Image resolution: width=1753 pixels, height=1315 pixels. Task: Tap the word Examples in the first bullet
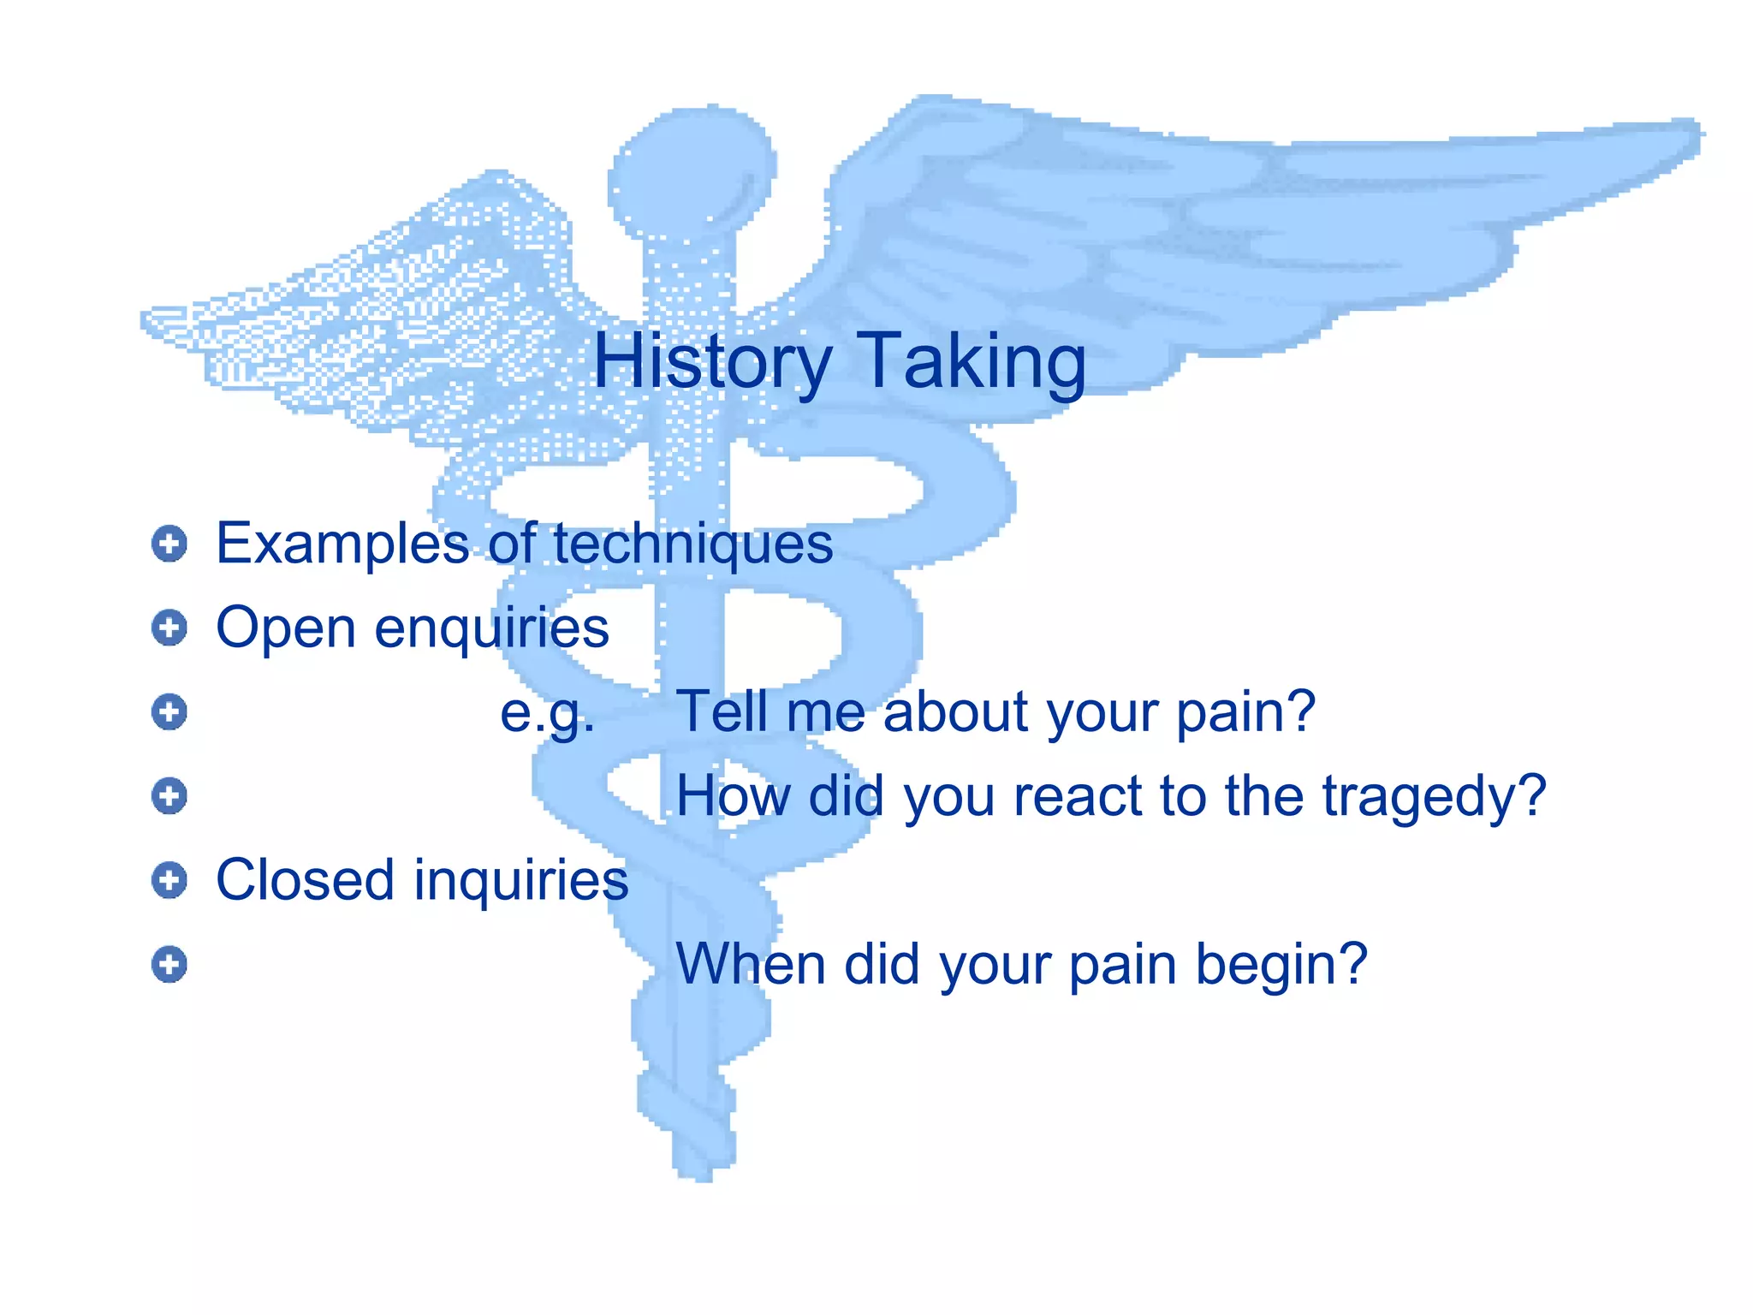342,544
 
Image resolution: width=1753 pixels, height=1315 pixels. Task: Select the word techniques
692,544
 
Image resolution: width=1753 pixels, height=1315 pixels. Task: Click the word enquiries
491,628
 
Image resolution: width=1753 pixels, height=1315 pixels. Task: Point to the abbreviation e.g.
546,711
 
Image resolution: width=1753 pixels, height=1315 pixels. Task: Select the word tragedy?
1434,796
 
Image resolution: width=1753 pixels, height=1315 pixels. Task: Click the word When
750,964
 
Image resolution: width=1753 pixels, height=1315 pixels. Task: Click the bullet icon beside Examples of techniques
169,544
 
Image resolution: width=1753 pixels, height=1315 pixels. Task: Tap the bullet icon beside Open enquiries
169,628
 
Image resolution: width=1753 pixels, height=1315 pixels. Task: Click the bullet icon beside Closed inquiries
169,880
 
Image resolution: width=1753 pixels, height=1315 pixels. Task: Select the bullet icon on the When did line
169,965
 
